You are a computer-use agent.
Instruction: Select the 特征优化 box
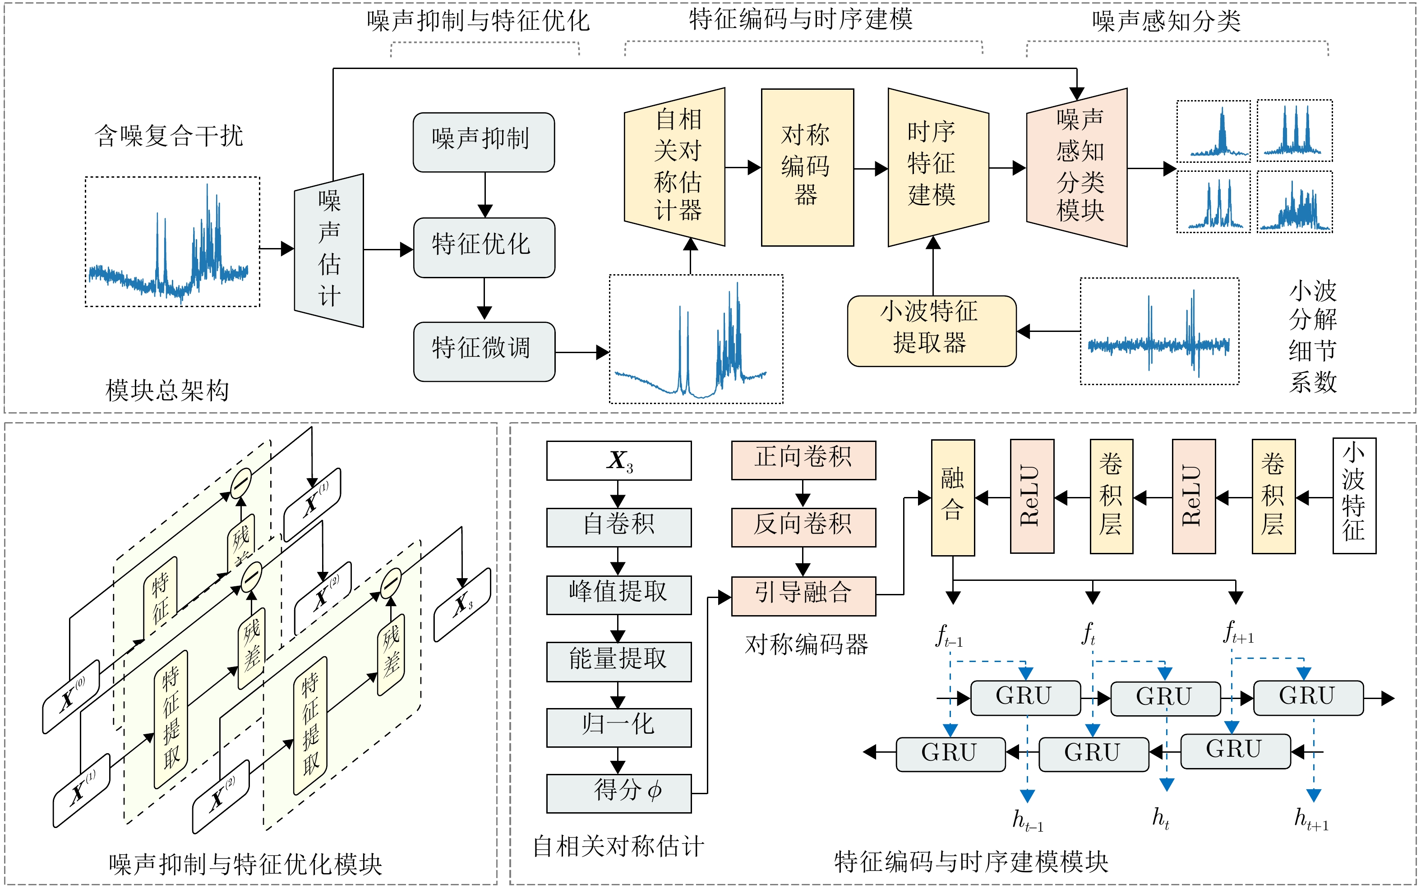click(x=484, y=247)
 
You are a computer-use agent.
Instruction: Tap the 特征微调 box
click(x=484, y=351)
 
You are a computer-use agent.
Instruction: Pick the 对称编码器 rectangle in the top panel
click(x=807, y=167)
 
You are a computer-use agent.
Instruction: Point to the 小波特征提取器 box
click(x=931, y=331)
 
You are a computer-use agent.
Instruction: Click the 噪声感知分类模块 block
click(x=1076, y=167)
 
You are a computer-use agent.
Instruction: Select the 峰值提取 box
click(x=618, y=594)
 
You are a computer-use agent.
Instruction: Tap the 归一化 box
click(x=618, y=727)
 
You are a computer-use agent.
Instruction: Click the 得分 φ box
click(x=618, y=793)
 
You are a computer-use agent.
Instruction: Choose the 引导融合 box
click(x=803, y=595)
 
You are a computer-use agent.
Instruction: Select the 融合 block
click(x=952, y=497)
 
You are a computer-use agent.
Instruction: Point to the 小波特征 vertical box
click(x=1353, y=496)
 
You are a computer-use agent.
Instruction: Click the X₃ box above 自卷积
click(x=618, y=460)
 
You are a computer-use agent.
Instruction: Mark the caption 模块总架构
click(x=167, y=390)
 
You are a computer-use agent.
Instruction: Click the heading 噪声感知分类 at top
click(x=1166, y=22)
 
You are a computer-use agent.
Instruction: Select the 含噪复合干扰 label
click(x=169, y=136)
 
